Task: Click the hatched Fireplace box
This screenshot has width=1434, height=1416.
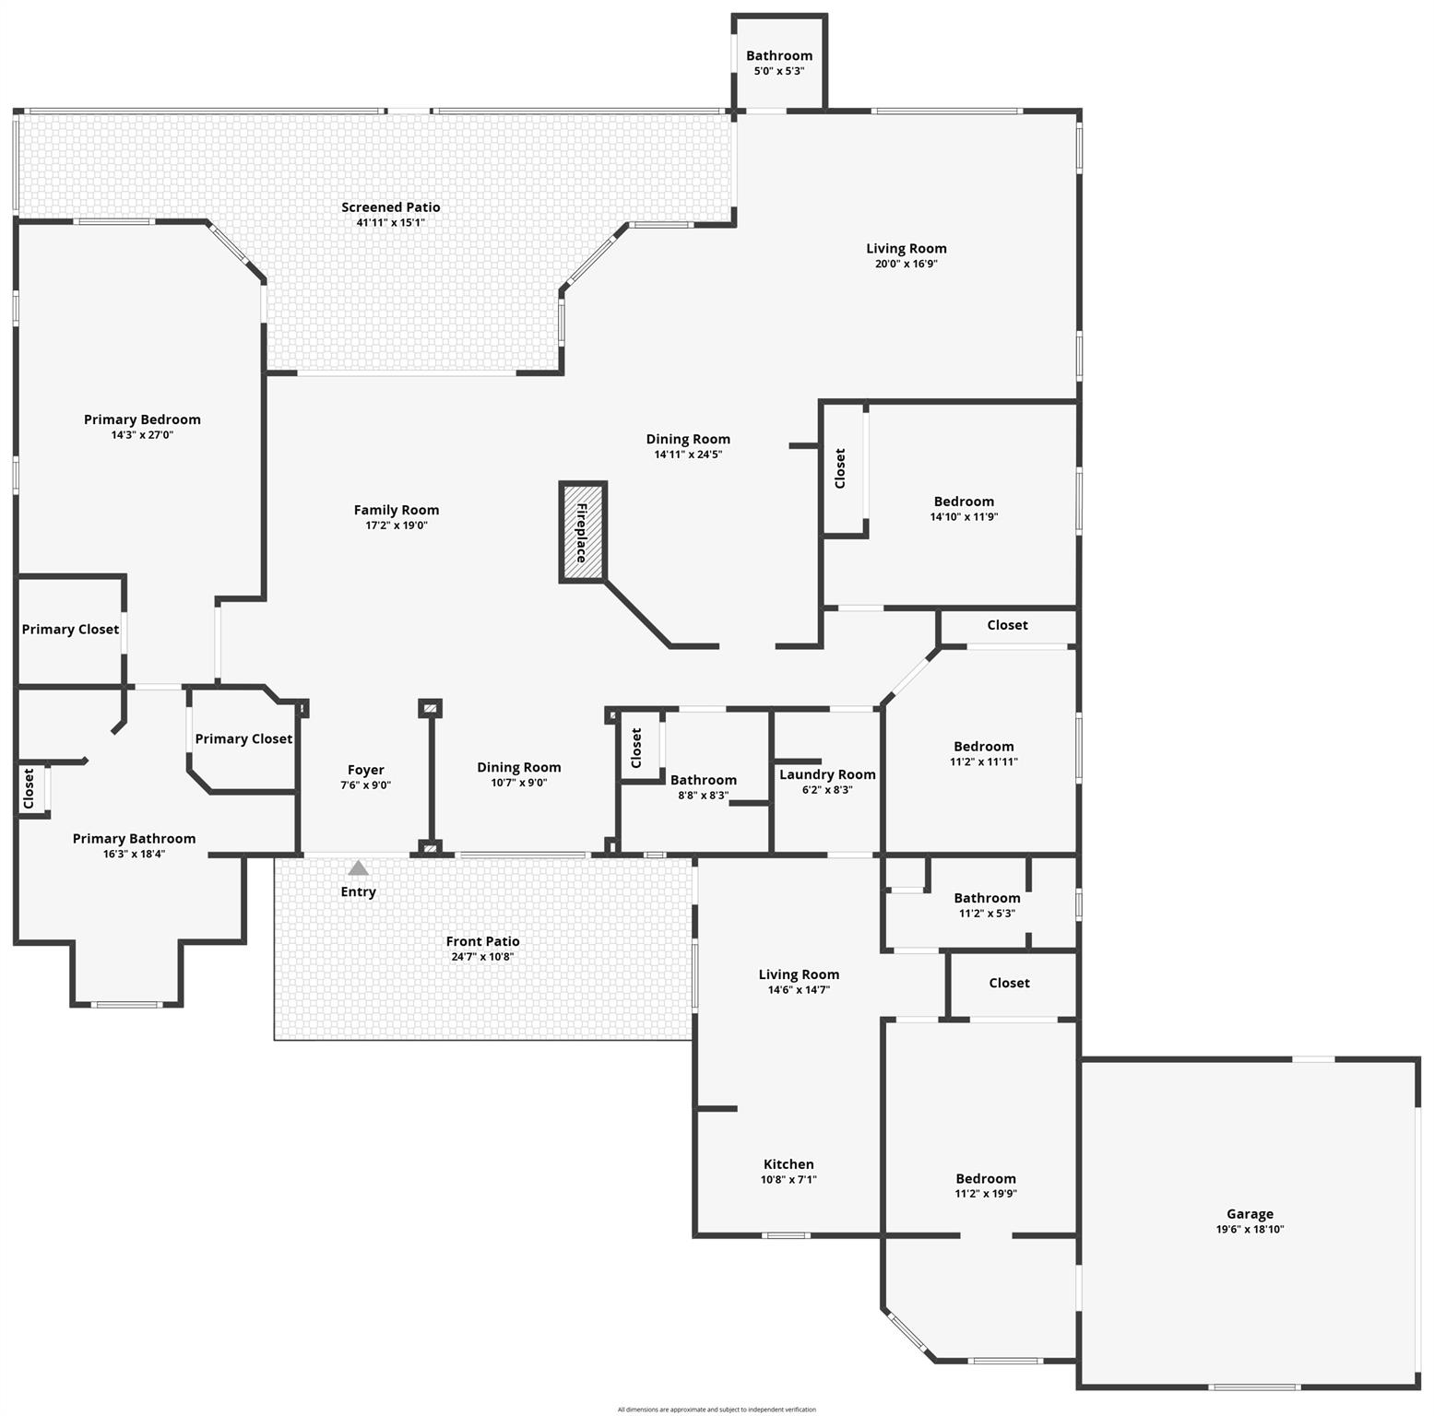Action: pos(583,532)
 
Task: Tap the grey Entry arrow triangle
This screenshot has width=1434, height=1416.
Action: pos(359,868)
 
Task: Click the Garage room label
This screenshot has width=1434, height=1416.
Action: pos(1250,1214)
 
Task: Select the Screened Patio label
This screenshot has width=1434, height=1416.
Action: pos(391,207)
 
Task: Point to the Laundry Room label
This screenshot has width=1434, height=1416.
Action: pos(827,774)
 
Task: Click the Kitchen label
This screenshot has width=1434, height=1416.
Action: pos(788,1164)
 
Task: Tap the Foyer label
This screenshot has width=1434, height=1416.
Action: pos(366,770)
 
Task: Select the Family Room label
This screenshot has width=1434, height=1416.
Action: pos(397,510)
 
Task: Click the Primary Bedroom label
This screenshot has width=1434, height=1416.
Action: pos(142,419)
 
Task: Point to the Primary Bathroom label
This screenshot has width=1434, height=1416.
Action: pos(135,838)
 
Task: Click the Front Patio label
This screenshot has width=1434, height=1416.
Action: pos(482,941)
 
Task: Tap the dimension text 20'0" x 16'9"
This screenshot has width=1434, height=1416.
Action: pos(907,264)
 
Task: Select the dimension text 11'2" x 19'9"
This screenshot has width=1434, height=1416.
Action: pos(986,1194)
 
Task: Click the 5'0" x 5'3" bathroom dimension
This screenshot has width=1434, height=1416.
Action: pos(779,71)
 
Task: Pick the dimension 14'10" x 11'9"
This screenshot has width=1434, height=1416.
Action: pos(964,517)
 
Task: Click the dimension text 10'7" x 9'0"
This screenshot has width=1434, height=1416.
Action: pos(519,783)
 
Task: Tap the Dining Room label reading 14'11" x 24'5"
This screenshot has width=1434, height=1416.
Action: pos(688,439)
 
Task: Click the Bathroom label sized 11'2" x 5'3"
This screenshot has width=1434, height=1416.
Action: pos(987,898)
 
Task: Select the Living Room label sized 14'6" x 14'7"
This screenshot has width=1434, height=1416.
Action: pos(799,974)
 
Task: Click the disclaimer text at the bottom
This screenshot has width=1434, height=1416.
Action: pos(717,1410)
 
